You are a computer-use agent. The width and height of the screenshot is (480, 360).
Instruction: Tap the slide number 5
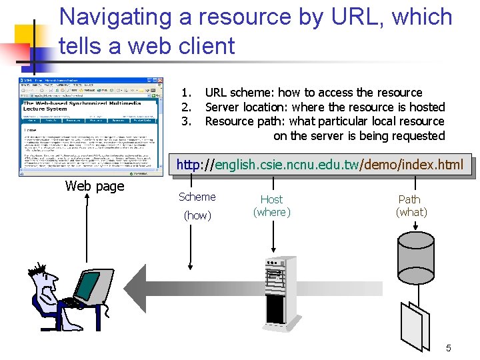[449, 348]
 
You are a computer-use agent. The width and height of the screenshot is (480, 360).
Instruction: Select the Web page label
[95, 187]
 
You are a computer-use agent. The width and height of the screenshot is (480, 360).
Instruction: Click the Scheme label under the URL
[197, 197]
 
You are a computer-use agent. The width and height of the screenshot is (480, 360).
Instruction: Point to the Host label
[271, 199]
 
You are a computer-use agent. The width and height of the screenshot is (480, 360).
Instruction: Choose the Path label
[409, 199]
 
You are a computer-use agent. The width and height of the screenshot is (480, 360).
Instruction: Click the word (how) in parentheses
[197, 215]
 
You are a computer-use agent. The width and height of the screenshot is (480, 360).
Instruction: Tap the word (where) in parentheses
[271, 213]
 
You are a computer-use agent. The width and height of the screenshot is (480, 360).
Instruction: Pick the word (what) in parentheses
[411, 213]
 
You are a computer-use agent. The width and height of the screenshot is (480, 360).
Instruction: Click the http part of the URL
[188, 165]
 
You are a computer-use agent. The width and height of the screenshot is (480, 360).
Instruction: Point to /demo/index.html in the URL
[411, 165]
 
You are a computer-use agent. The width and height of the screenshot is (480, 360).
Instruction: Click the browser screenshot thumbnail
[91, 127]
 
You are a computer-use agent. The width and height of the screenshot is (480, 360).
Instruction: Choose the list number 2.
[187, 107]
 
